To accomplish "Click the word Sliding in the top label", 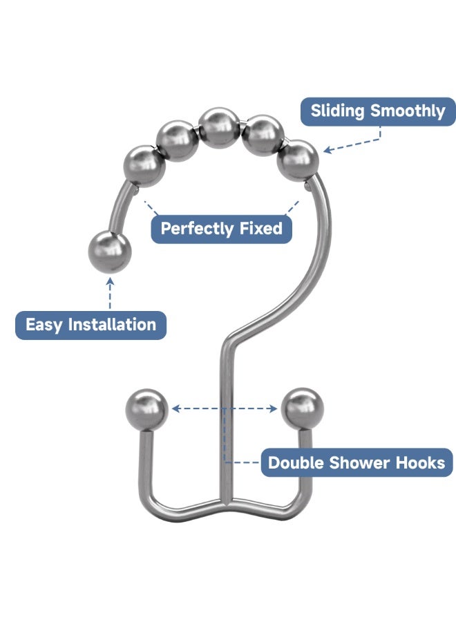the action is pyautogui.click(x=337, y=111).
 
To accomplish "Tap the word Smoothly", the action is pyautogui.click(x=408, y=111).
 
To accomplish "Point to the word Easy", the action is pyautogui.click(x=44, y=325).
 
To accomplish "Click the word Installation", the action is pyautogui.click(x=112, y=325).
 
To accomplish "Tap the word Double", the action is pyautogui.click(x=296, y=463).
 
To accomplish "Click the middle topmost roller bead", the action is pyautogui.click(x=219, y=128).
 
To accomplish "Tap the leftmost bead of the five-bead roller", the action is pyautogui.click(x=144, y=166).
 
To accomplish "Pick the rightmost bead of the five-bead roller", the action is pyautogui.click(x=297, y=160).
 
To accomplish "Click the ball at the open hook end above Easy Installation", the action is pyautogui.click(x=109, y=252).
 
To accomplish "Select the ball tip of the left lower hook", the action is pyautogui.click(x=146, y=410).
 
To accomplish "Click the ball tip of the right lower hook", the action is pyautogui.click(x=302, y=409).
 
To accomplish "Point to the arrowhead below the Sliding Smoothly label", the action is pyautogui.click(x=327, y=149).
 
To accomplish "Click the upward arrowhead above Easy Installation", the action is pyautogui.click(x=110, y=282).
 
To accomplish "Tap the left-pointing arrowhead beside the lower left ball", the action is pyautogui.click(x=175, y=408).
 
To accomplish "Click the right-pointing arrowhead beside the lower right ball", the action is pyautogui.click(x=273, y=408).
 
